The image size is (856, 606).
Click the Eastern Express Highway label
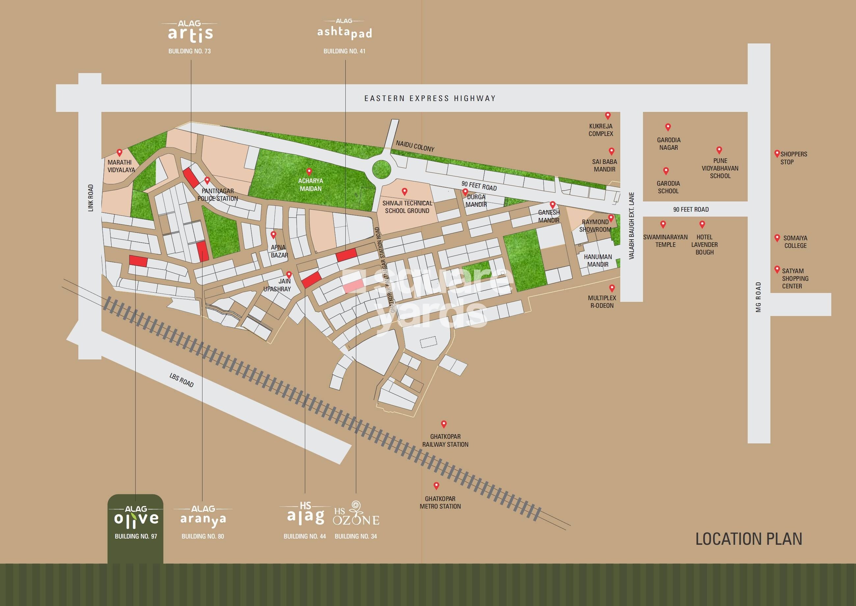click(x=430, y=98)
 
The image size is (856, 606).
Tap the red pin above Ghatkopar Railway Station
click(x=444, y=424)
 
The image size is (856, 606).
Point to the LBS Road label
click(x=182, y=380)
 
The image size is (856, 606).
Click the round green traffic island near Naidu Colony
click(x=381, y=170)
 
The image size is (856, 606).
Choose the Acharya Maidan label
click(x=310, y=185)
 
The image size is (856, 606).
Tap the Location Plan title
click(x=749, y=539)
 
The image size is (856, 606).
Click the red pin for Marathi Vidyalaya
click(x=120, y=153)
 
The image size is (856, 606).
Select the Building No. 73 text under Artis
click(x=190, y=51)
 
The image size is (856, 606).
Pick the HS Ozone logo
click(x=356, y=514)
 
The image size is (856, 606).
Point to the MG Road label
click(x=758, y=297)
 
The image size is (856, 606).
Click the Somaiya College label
click(x=795, y=242)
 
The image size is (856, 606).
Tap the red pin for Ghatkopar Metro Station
click(x=436, y=486)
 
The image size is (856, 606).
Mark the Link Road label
click(x=91, y=198)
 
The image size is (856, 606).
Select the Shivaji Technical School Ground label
click(x=407, y=207)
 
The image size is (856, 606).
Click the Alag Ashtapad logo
click(x=344, y=30)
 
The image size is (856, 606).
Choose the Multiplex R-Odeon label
click(x=602, y=302)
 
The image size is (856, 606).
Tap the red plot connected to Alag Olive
click(x=138, y=261)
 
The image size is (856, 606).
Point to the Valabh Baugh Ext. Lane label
click(x=631, y=226)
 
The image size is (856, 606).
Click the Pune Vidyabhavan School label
click(x=720, y=168)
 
